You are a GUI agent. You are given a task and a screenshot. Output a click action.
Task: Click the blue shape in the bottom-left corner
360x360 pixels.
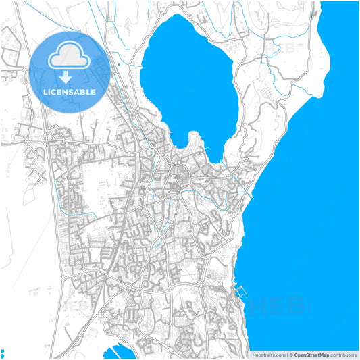(x=2, y=353)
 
